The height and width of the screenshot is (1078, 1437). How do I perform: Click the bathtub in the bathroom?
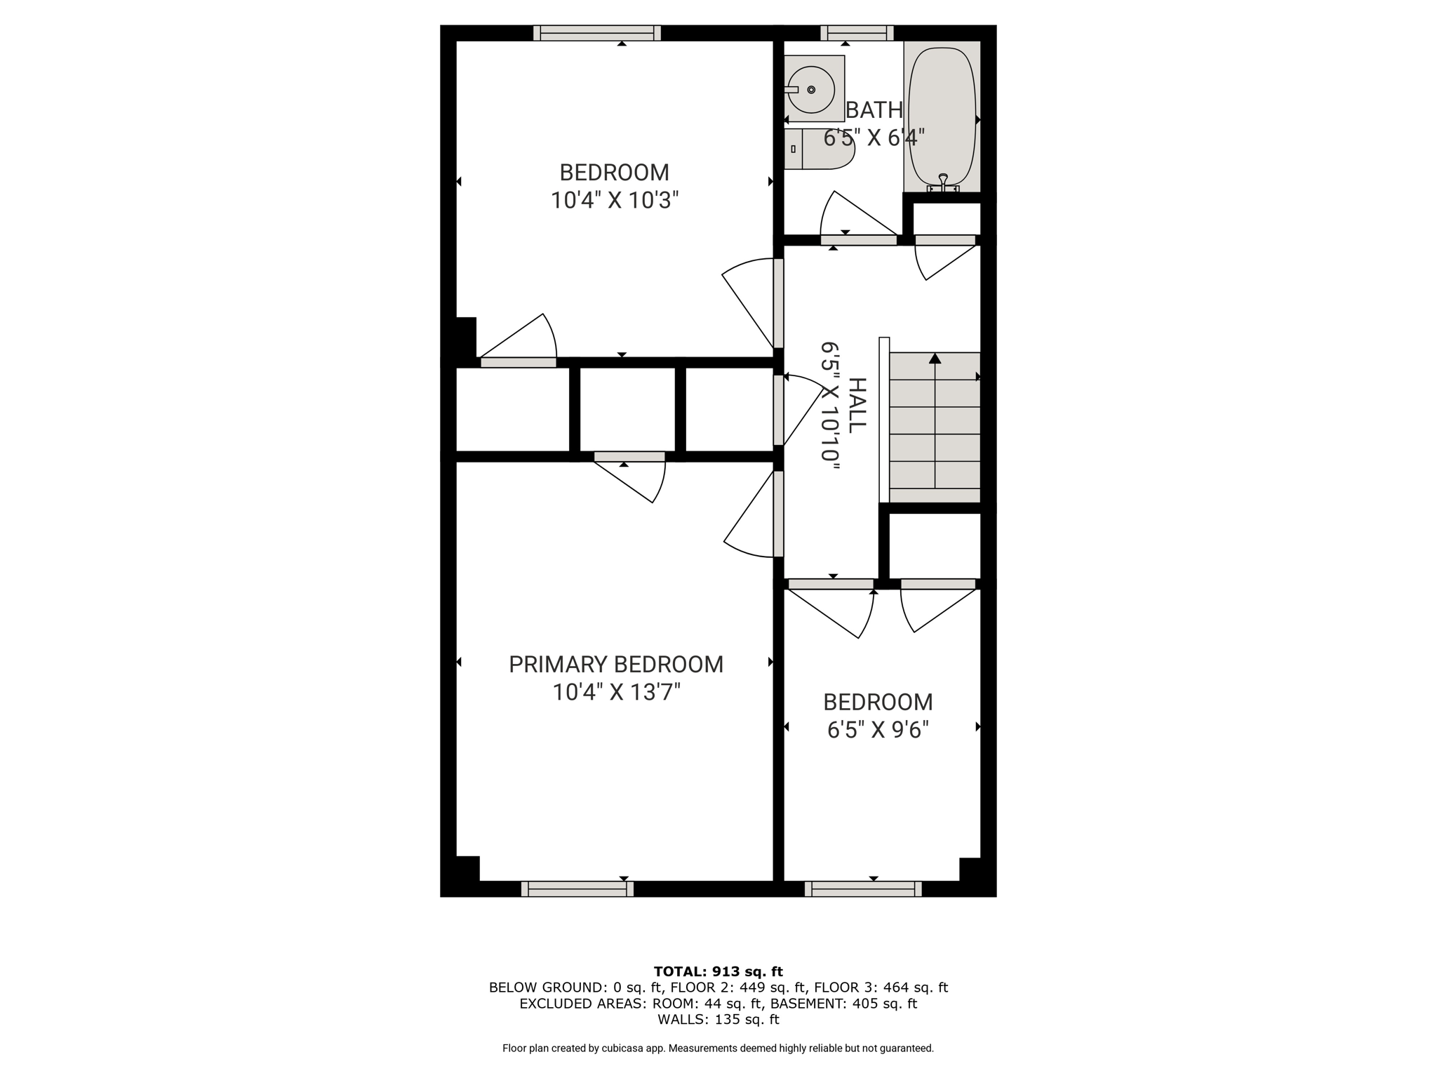[942, 117]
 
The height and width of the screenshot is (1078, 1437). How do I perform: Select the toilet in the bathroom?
[819, 149]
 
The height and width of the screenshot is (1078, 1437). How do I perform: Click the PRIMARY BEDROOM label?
[616, 664]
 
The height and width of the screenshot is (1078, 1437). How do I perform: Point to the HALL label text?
[857, 406]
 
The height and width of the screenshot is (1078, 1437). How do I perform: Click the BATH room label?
[874, 110]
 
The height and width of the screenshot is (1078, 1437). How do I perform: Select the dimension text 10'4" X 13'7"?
[616, 693]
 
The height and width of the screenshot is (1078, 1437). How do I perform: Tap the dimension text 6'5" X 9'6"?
[878, 731]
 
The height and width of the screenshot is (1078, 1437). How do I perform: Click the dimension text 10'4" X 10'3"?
[615, 201]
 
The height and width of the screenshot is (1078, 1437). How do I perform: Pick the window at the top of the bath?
[857, 33]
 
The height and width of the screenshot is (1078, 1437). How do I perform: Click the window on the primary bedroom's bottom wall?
[577, 889]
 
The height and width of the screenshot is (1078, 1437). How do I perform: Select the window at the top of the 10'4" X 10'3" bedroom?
[597, 33]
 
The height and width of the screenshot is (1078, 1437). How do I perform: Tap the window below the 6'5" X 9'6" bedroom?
[863, 889]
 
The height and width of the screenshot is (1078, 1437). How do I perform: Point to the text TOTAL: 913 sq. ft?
[718, 972]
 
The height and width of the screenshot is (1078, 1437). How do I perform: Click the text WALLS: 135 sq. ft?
[718, 1020]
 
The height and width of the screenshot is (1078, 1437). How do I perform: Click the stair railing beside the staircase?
[884, 420]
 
